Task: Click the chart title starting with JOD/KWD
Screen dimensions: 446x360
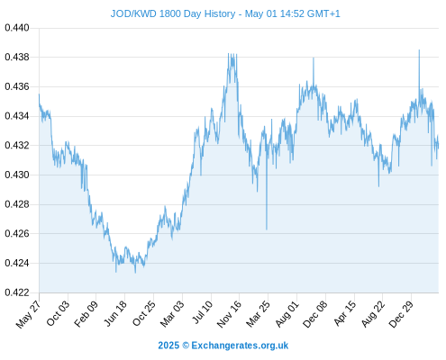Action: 225,13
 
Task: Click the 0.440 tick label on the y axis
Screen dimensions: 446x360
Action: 17,28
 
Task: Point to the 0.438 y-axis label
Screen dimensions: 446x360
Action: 17,57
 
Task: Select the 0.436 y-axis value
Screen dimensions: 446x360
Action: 17,86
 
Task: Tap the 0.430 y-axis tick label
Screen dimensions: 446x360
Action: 17,175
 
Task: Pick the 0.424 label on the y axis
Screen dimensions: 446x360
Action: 17,263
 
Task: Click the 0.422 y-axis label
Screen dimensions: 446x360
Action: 17,292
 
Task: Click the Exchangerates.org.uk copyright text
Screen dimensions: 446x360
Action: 223,346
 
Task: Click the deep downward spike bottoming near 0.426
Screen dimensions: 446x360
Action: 267,229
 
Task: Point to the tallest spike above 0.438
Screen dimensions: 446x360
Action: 419,50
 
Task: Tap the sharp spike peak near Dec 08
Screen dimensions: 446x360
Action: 314,58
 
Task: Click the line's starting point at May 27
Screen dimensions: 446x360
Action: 39,94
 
